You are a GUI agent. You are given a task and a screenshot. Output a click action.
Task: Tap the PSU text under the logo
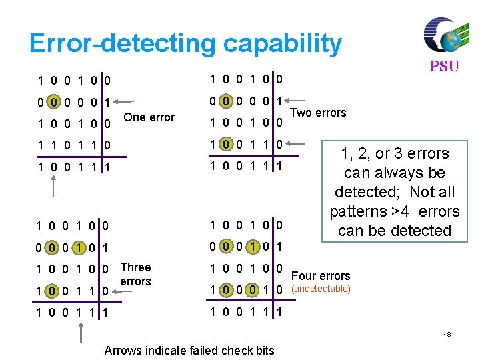tap(444, 67)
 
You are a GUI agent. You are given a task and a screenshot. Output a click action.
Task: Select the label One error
tap(149, 117)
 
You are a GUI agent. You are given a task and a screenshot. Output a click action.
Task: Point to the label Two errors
tap(321, 113)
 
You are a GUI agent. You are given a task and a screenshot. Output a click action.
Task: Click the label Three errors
tap(135, 274)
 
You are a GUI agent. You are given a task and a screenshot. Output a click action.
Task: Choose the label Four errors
tap(321, 275)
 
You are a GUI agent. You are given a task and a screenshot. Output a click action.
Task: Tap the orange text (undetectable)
tap(322, 289)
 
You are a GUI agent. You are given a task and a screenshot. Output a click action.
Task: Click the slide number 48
tap(447, 334)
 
